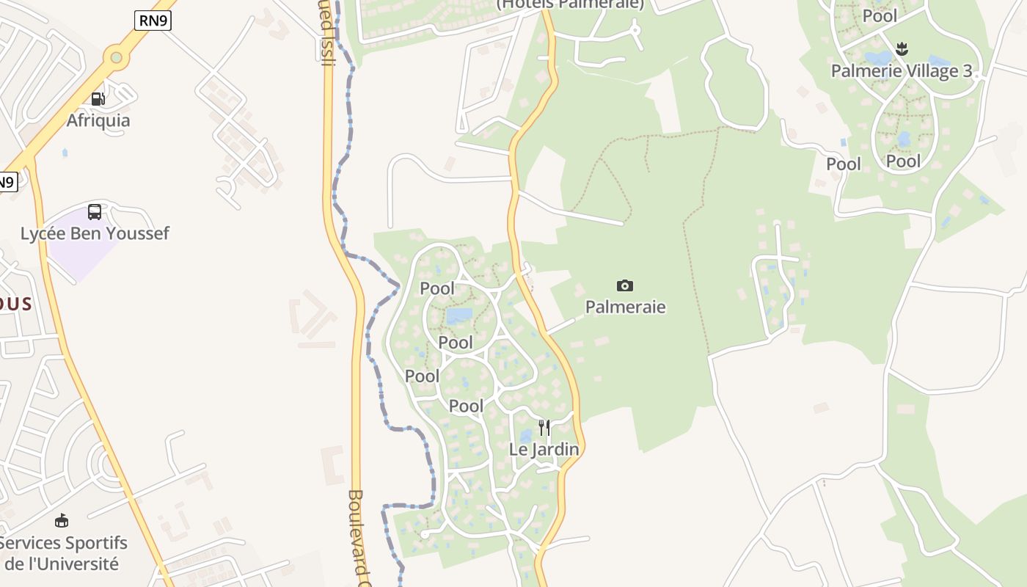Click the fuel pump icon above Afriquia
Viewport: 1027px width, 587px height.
tap(98, 98)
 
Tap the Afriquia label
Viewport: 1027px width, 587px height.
tap(98, 120)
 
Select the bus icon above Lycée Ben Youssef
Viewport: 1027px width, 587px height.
tap(95, 212)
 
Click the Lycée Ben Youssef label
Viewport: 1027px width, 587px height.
tap(95, 233)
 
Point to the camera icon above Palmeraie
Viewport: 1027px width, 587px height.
tap(625, 285)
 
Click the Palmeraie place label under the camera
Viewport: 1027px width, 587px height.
tap(625, 307)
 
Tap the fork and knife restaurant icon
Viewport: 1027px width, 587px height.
tap(544, 427)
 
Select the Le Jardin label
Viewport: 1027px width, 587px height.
tap(544, 449)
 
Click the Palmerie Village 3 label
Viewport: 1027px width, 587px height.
tap(902, 71)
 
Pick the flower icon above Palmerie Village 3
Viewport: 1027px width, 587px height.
tap(902, 49)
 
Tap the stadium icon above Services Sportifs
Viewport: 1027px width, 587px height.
tap(62, 521)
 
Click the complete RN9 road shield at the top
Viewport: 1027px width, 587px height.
tap(153, 21)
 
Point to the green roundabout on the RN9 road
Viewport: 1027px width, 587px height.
tap(115, 56)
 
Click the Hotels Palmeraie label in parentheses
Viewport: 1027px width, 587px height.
tap(570, 4)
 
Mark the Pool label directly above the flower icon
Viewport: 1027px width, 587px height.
tap(880, 16)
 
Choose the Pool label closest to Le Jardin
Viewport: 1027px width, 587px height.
tap(467, 406)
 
